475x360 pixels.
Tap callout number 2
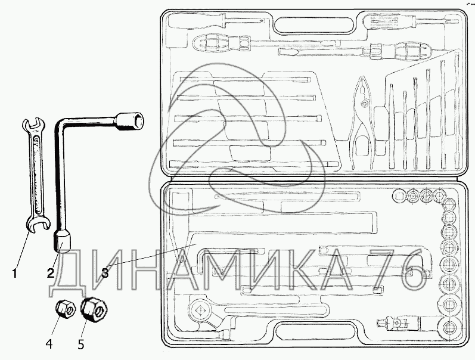(51, 273)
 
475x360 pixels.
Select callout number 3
(104, 273)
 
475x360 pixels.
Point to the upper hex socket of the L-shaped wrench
(131, 120)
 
